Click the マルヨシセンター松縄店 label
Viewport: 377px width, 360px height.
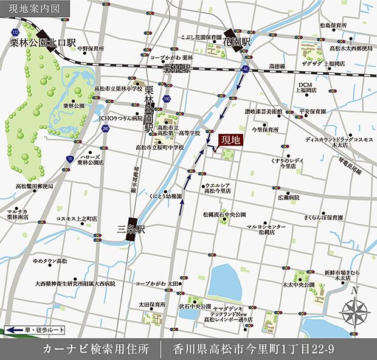[266, 229]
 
